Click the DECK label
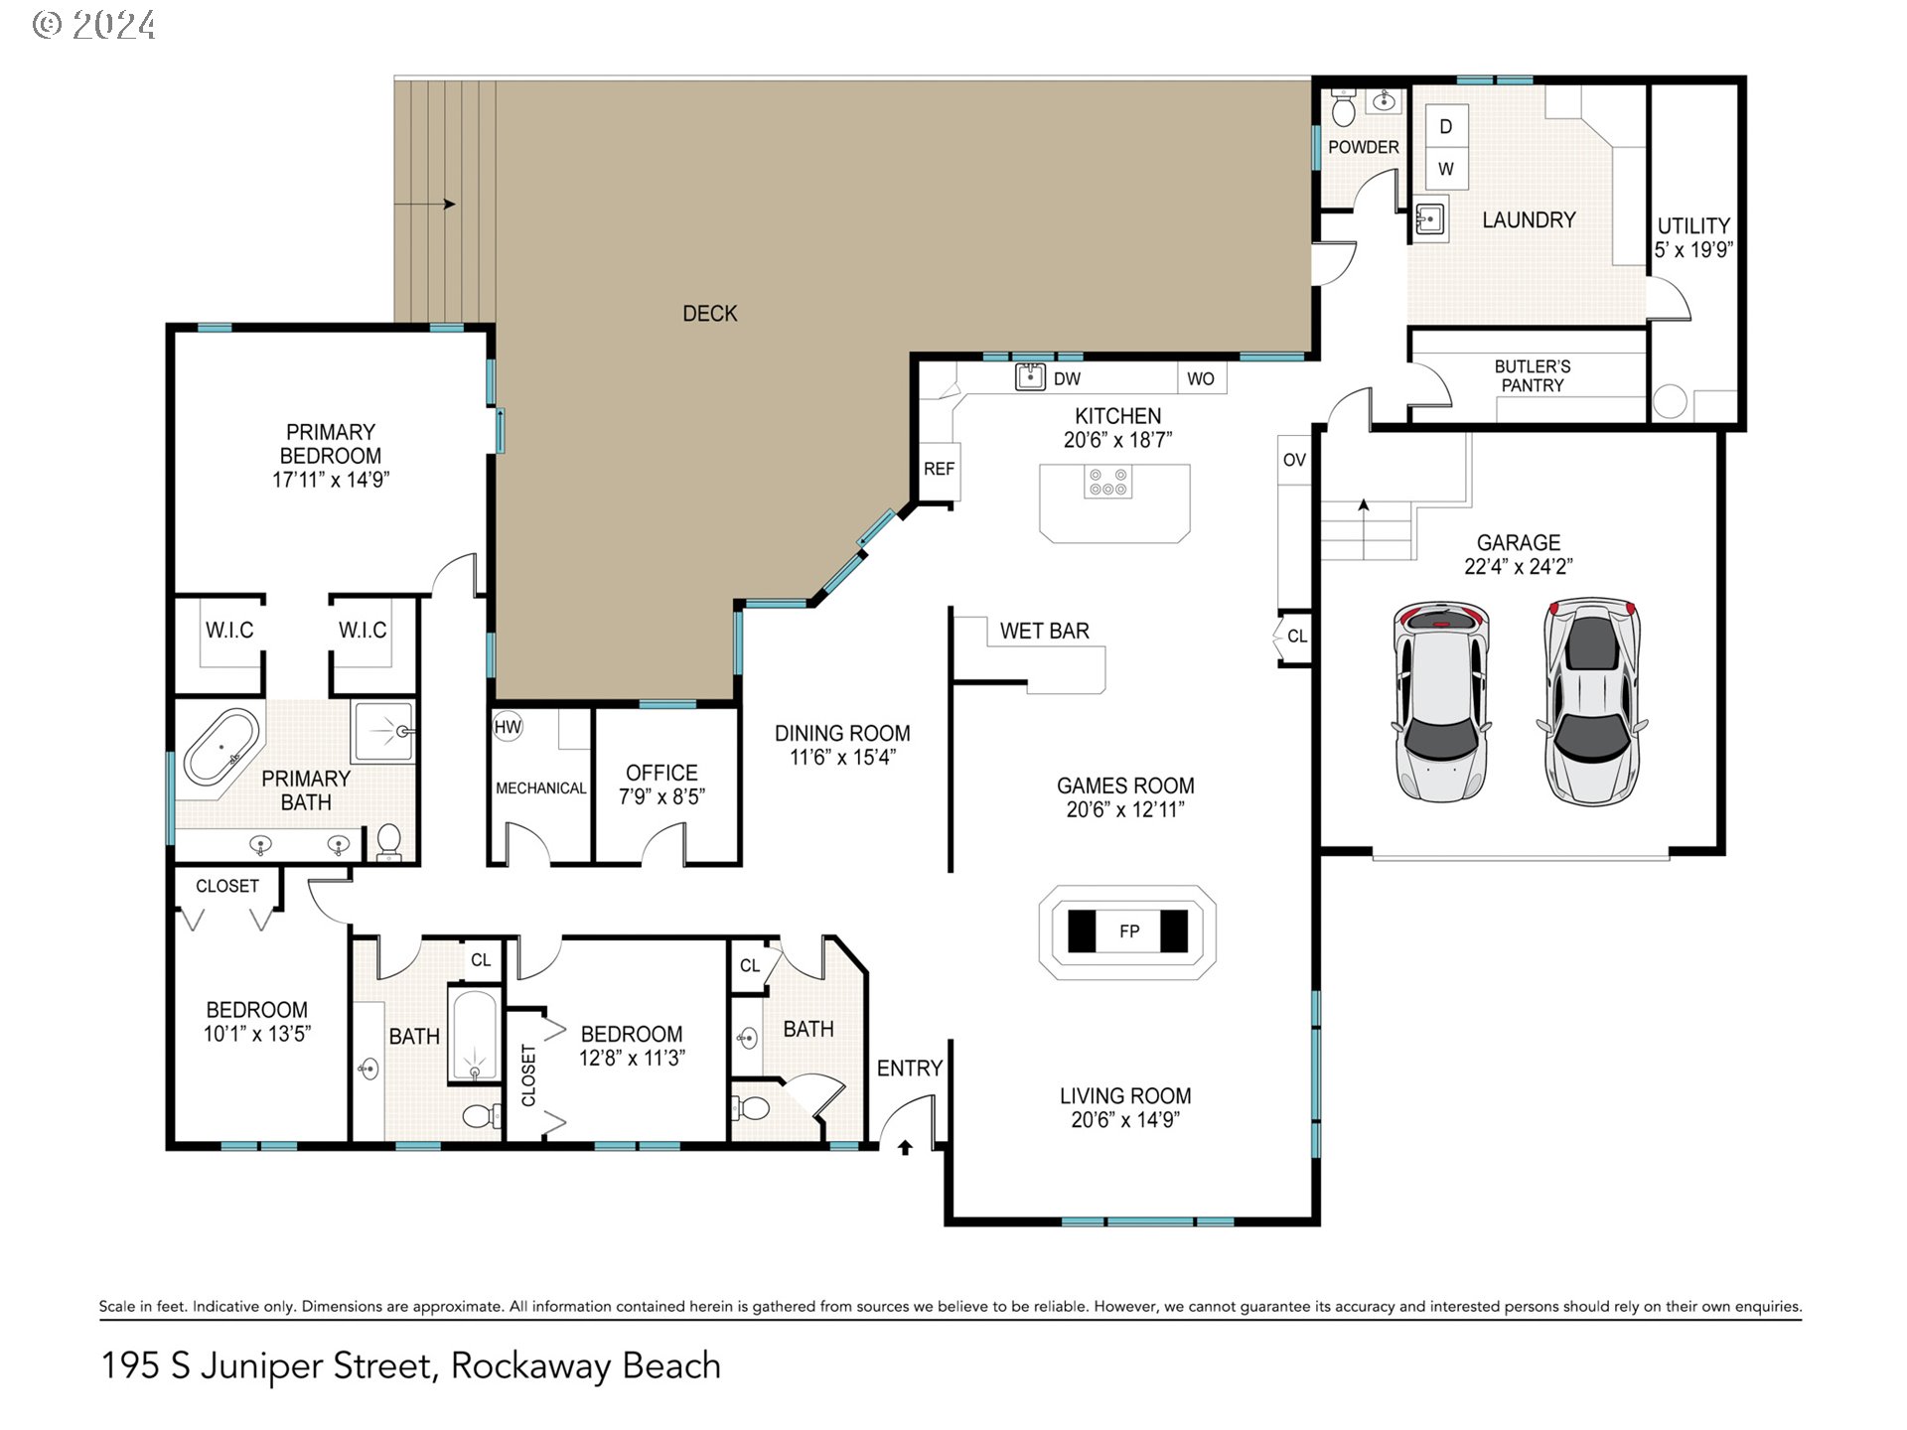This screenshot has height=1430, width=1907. tap(709, 314)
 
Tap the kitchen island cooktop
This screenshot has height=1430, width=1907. tap(1107, 482)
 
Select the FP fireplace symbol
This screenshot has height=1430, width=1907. tap(1127, 930)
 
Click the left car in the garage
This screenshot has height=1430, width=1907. tap(1443, 701)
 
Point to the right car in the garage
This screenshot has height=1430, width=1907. tap(1592, 700)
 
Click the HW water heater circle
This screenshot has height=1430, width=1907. tap(508, 726)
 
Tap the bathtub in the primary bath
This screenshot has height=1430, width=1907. tap(222, 747)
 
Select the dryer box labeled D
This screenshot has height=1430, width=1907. tap(1446, 126)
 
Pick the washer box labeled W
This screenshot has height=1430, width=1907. tap(1446, 169)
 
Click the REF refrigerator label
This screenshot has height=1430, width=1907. tap(939, 469)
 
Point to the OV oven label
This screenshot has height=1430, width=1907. tap(1294, 460)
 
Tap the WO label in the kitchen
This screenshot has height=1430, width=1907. tap(1201, 378)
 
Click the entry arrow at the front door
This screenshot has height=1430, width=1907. tap(905, 1147)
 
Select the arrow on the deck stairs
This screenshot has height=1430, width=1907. tap(425, 205)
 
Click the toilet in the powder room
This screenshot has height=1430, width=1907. tap(1343, 108)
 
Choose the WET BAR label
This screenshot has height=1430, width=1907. tap(1044, 631)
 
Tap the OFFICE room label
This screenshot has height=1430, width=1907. tap(661, 773)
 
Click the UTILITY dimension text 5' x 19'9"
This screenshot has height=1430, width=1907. tap(1693, 250)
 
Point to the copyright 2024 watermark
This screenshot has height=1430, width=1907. tap(94, 25)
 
